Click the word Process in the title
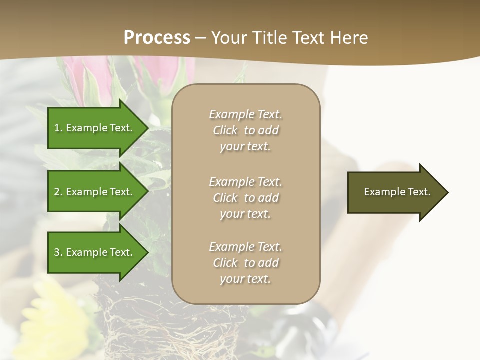(157, 38)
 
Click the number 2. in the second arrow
(58, 192)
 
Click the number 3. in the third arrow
(58, 252)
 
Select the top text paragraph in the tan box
(245, 130)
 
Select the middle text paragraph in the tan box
(245, 198)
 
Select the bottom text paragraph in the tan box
(245, 263)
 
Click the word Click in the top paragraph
(225, 130)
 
